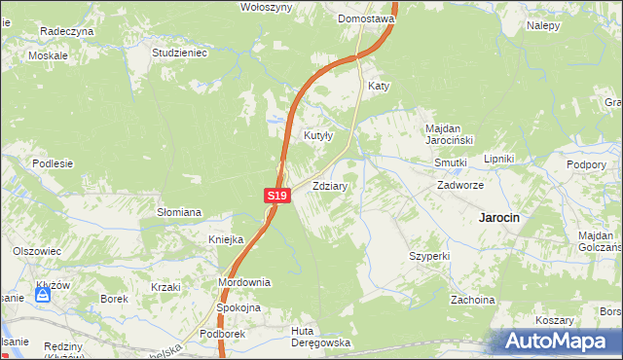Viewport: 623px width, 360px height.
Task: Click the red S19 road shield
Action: click(277, 196)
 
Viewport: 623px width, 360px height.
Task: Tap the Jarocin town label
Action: click(497, 218)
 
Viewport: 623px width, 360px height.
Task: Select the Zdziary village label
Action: click(331, 184)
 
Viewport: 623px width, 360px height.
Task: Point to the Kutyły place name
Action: click(320, 135)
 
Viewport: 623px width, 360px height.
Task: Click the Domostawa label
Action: click(365, 18)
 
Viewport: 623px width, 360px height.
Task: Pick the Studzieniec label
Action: click(181, 53)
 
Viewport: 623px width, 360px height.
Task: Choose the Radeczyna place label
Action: click(66, 31)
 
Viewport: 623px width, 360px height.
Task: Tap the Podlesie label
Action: click(54, 163)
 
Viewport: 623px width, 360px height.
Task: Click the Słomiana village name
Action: click(179, 211)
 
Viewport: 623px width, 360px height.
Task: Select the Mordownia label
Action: click(243, 281)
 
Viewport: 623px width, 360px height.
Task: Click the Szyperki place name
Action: click(428, 255)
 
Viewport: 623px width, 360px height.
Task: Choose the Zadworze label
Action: click(460, 184)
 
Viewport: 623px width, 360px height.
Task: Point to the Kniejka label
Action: click(226, 239)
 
